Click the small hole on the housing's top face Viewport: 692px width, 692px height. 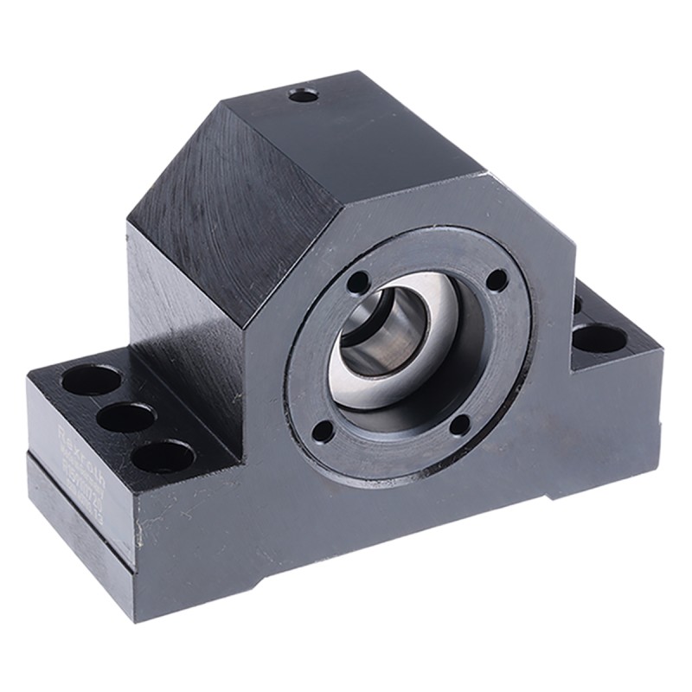[303, 94]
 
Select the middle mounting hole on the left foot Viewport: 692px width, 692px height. [126, 417]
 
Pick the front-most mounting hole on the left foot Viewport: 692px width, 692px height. [163, 456]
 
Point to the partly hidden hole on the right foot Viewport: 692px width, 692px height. [577, 304]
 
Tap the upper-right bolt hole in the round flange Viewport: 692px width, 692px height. [497, 279]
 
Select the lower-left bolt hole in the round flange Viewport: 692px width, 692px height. [323, 430]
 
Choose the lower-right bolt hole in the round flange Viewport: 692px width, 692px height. [460, 424]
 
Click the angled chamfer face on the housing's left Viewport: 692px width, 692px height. [216, 216]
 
